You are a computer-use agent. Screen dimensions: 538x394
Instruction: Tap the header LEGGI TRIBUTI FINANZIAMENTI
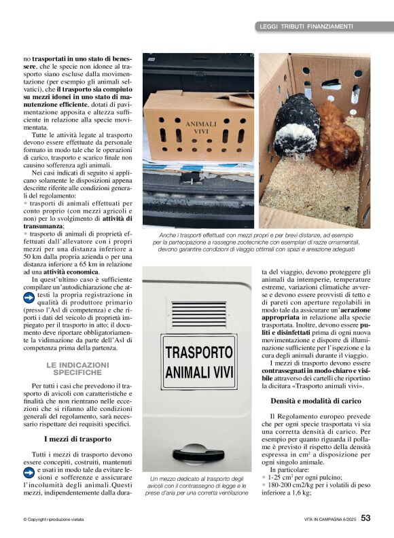(x=306, y=26)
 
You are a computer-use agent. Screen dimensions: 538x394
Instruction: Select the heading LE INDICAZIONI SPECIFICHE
(x=77, y=369)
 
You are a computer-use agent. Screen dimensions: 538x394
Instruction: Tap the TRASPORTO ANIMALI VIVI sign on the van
(x=199, y=362)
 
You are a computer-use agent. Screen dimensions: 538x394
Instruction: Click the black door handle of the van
(x=198, y=454)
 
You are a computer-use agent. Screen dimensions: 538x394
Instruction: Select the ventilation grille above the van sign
(x=199, y=314)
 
